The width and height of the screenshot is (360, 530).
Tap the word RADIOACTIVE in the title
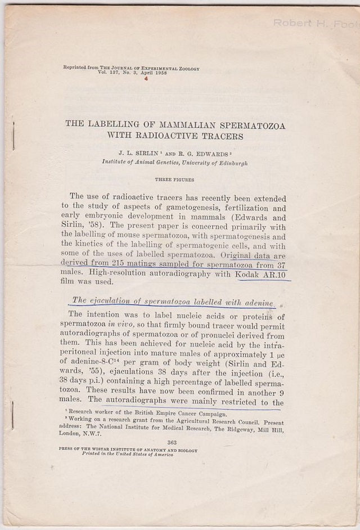(170, 136)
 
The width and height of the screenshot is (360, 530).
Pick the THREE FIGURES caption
(174, 180)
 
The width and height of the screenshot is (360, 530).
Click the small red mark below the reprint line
(146, 79)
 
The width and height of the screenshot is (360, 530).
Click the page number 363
(172, 443)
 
